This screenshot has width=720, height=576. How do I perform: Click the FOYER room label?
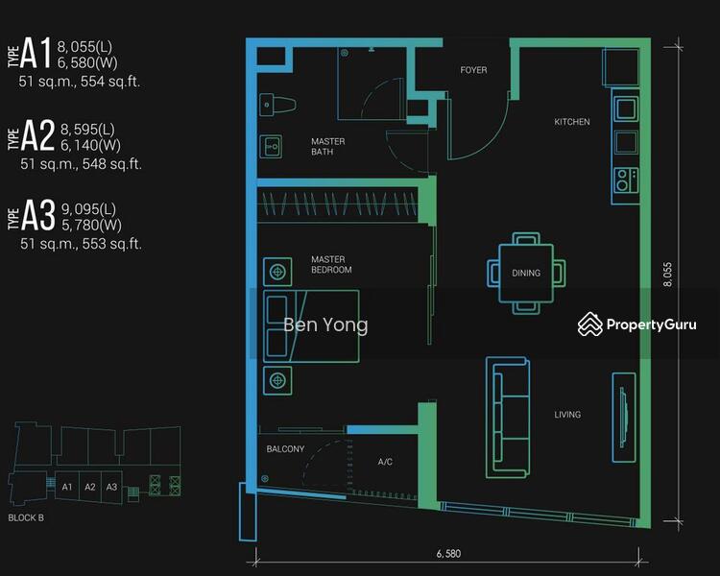pyautogui.click(x=473, y=70)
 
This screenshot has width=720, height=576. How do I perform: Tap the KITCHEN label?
pyautogui.click(x=572, y=122)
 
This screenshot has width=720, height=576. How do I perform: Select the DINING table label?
pyautogui.click(x=526, y=273)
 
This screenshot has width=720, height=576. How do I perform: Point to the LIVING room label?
pyautogui.click(x=567, y=415)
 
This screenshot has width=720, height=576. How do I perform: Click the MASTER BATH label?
pyautogui.click(x=328, y=147)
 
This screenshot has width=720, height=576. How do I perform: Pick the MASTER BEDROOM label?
pyautogui.click(x=331, y=265)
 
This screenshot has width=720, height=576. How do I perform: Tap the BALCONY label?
pyautogui.click(x=285, y=448)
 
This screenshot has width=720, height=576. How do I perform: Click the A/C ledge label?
pyautogui.click(x=385, y=462)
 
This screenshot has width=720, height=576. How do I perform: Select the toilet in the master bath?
pyautogui.click(x=277, y=105)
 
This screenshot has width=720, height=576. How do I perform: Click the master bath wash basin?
pyautogui.click(x=271, y=147)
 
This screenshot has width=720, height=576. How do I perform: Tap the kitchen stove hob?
pyautogui.click(x=626, y=180)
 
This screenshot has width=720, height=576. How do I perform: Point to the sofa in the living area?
pyautogui.click(x=508, y=418)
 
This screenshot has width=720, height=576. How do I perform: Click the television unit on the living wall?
pyautogui.click(x=624, y=417)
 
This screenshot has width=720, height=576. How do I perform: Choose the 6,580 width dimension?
pyautogui.click(x=448, y=554)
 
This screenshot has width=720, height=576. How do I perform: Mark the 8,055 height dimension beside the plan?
pyautogui.click(x=667, y=275)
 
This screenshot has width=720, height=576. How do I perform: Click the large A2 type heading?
pyautogui.click(x=37, y=134)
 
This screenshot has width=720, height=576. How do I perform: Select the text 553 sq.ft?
pyautogui.click(x=111, y=244)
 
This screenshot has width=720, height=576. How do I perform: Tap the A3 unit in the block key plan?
pyautogui.click(x=111, y=487)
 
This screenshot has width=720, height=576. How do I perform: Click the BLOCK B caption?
pyautogui.click(x=26, y=517)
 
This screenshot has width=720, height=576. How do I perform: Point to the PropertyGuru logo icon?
pyautogui.click(x=590, y=324)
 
